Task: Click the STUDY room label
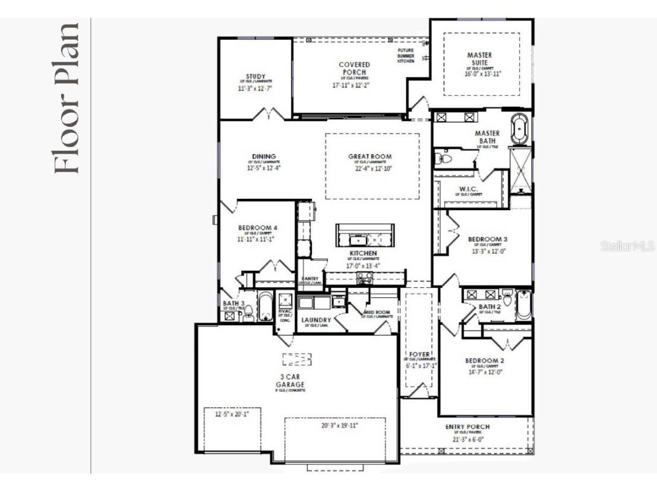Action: pos(255,76)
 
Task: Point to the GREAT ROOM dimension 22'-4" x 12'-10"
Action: pos(370,168)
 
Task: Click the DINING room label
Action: pos(264,157)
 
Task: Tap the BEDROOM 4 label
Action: pos(258,227)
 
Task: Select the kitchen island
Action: pos(365,236)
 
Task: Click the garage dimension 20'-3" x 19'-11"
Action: pos(334,426)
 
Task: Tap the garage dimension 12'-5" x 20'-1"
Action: pos(231,414)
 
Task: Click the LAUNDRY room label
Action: pos(316,320)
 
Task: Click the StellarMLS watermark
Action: pos(627,245)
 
